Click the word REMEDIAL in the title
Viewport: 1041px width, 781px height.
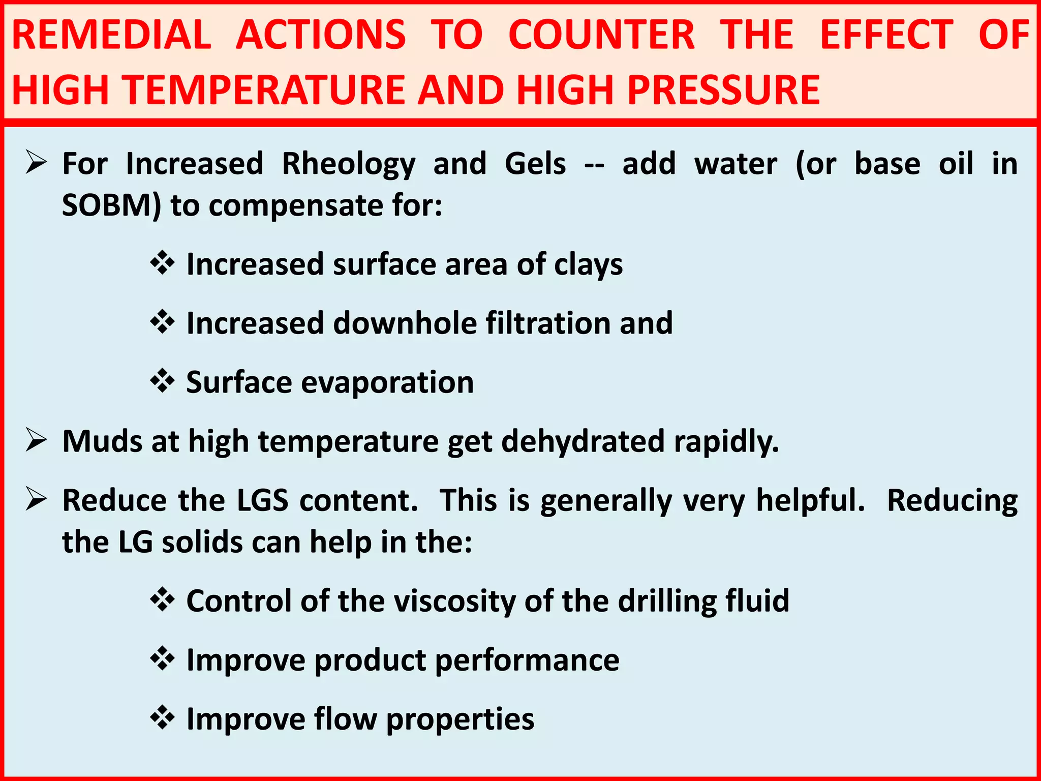pos(111,35)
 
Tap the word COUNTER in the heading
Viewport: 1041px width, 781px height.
pos(601,35)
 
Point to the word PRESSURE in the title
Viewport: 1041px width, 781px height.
pos(723,90)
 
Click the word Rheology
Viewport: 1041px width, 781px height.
pos(349,164)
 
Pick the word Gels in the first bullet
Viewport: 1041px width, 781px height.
pos(535,164)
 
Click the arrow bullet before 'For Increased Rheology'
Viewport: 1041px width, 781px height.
pos(37,164)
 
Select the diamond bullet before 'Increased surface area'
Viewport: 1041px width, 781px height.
pos(163,263)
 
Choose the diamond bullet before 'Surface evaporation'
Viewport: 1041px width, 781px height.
pos(163,381)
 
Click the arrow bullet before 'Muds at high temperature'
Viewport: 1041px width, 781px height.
pos(37,440)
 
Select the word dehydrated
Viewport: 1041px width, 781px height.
pos(583,441)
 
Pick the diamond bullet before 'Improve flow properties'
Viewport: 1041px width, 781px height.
pos(163,718)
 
